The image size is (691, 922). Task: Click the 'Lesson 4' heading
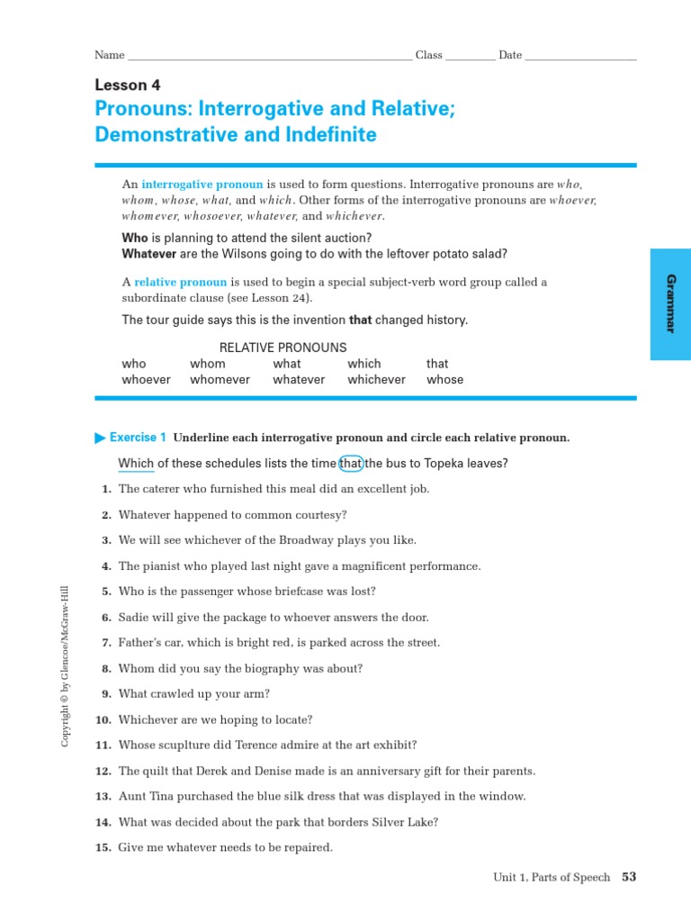click(127, 86)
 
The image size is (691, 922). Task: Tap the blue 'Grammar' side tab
click(670, 304)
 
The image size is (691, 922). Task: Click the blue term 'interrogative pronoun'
click(189, 184)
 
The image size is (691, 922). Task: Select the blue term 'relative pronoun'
click(181, 282)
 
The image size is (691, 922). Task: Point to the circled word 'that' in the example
click(351, 464)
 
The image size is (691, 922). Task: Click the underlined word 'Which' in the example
click(136, 464)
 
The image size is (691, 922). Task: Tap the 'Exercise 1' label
click(138, 438)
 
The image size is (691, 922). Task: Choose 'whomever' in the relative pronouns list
click(220, 379)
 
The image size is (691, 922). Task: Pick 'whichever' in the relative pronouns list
click(376, 379)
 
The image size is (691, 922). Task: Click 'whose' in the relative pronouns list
click(444, 379)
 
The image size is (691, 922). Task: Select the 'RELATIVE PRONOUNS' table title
click(283, 348)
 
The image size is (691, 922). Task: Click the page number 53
click(629, 877)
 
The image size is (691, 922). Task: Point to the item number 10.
click(103, 720)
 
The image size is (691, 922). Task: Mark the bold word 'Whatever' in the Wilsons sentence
click(149, 254)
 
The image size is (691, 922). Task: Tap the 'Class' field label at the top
click(428, 55)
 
